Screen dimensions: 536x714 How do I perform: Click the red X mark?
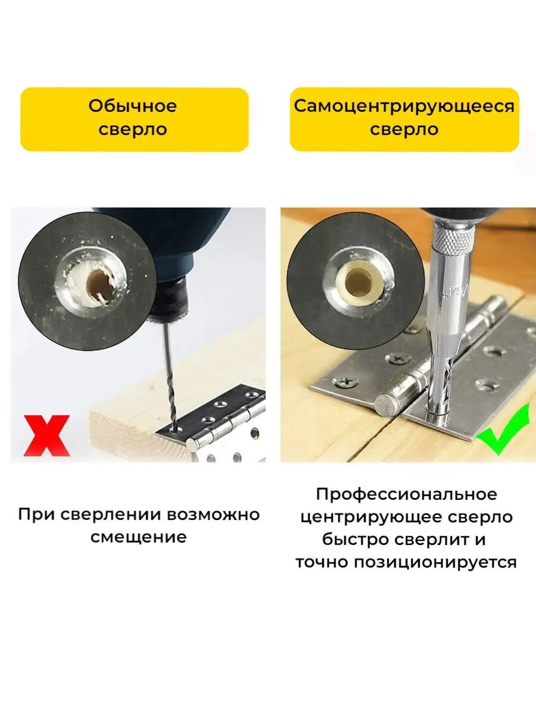[46, 436]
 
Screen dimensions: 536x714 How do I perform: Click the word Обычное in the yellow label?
[133, 106]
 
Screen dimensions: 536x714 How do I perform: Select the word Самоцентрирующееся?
[404, 106]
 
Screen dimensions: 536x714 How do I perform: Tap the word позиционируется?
[435, 562]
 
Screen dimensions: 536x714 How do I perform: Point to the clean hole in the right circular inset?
[359, 280]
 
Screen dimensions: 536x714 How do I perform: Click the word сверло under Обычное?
[133, 130]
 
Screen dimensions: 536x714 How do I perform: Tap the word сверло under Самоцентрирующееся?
[404, 130]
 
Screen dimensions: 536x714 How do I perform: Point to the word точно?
[323, 562]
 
